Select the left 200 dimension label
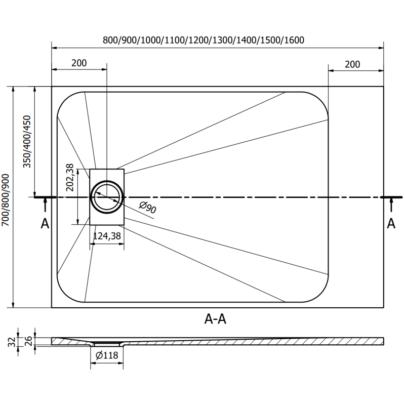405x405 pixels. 79,63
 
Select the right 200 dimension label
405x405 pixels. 352,64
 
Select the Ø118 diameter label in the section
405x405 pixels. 107,355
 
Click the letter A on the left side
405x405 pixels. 45,223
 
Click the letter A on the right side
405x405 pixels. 391,223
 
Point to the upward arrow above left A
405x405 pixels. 46,205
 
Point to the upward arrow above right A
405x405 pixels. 391,205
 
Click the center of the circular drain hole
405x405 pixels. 107,196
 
